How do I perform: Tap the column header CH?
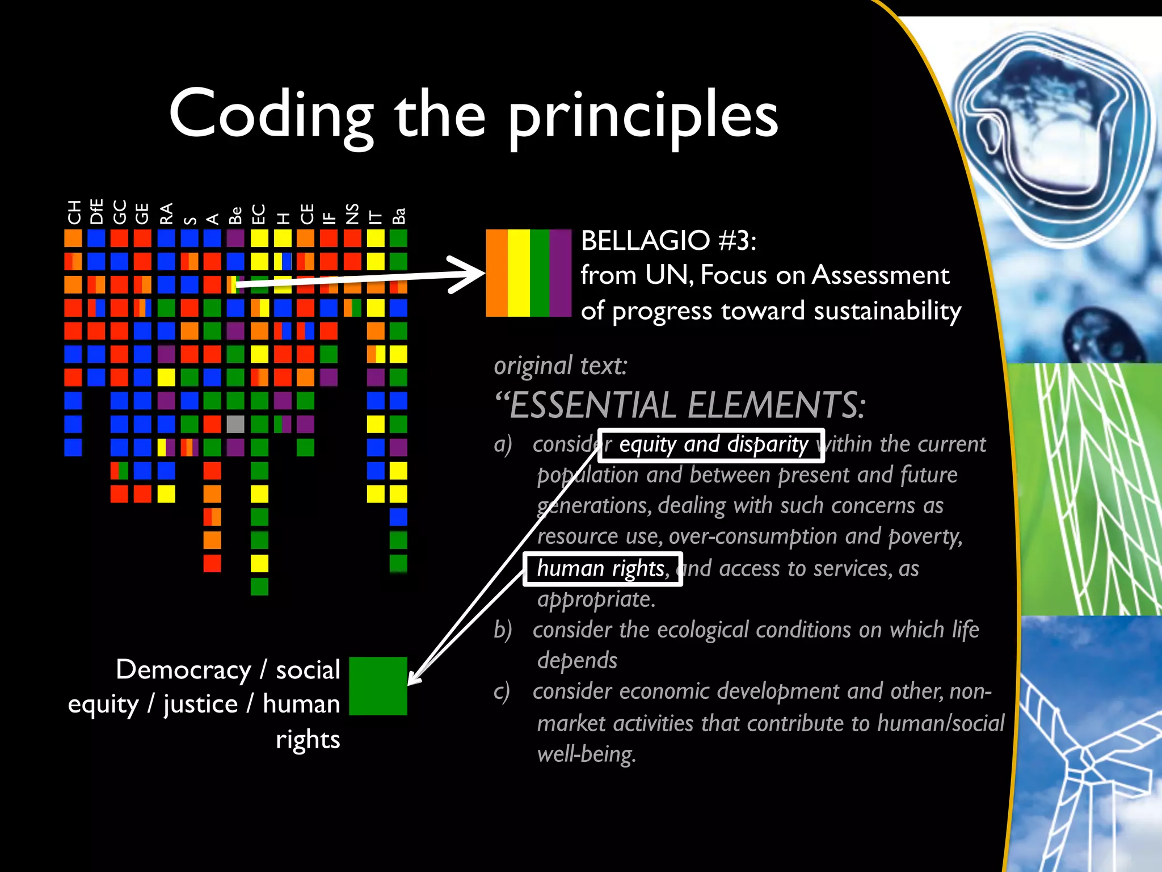(74, 213)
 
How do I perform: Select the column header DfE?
(96, 212)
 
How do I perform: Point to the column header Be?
(235, 215)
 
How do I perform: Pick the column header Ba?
(399, 216)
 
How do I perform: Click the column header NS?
(352, 213)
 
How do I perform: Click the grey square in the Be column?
(235, 424)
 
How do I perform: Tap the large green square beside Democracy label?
(378, 686)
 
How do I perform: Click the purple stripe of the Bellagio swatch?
(560, 273)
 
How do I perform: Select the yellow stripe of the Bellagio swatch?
(519, 273)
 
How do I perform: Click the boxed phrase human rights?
(602, 568)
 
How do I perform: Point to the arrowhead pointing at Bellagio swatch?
(471, 274)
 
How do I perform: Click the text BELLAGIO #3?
(668, 241)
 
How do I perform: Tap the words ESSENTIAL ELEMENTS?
(687, 405)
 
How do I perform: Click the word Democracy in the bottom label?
(183, 670)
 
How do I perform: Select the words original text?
(561, 366)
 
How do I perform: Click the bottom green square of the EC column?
(259, 586)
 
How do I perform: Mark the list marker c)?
(502, 691)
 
